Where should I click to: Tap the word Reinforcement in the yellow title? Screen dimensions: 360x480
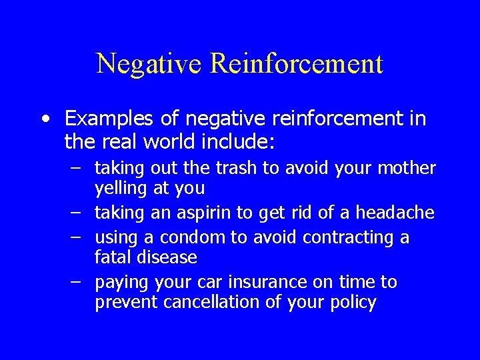pos(297,64)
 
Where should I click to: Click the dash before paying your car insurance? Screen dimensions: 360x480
pos(76,282)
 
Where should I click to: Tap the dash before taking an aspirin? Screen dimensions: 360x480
pos(76,213)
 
